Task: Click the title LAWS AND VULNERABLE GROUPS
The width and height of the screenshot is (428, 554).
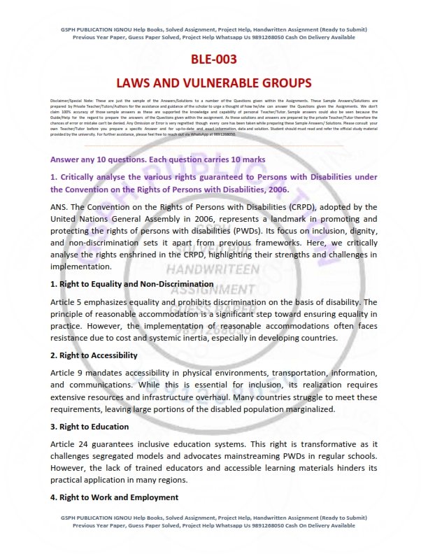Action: pos(213,83)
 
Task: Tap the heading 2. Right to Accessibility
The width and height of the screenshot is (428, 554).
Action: pos(94,355)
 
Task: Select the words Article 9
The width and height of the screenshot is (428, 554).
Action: pos(67,373)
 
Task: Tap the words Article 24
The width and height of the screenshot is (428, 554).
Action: pos(69,444)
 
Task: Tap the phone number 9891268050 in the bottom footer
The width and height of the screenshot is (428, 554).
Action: pos(259,525)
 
